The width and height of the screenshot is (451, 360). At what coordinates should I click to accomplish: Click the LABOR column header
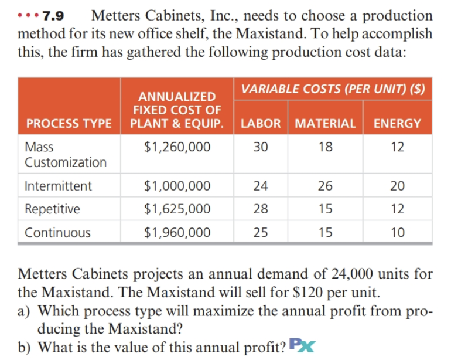click(x=261, y=123)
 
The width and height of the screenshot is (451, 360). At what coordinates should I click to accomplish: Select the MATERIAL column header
click(x=326, y=123)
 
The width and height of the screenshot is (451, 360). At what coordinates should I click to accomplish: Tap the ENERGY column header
click(x=397, y=123)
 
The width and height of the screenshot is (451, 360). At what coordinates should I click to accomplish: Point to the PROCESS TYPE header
click(x=69, y=123)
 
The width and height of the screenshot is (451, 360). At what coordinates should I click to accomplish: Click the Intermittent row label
click(x=58, y=186)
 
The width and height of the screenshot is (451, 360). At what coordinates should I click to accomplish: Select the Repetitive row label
click(x=52, y=209)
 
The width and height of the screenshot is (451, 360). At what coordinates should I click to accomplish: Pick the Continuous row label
click(x=57, y=232)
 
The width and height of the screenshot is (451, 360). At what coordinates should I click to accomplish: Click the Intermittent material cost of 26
click(x=326, y=186)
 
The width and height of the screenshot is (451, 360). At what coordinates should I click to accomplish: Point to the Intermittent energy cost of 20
click(x=397, y=186)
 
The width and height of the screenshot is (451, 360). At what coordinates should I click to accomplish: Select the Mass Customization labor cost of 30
click(x=261, y=147)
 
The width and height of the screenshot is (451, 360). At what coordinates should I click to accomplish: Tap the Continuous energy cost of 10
click(x=397, y=232)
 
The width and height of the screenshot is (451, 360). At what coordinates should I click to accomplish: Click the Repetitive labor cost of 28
click(x=261, y=209)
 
